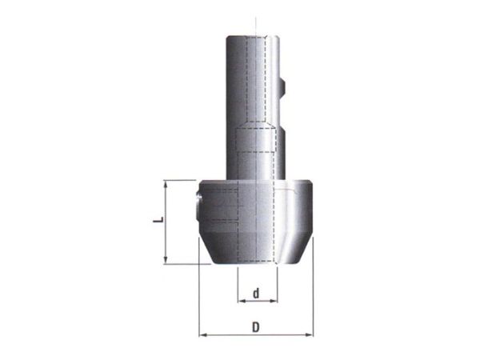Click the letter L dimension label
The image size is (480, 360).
click(158, 219)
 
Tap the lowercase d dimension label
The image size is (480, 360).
click(256, 293)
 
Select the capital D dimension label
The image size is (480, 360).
click(256, 327)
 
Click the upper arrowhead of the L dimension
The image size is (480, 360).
click(166, 185)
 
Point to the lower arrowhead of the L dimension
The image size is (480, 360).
click(166, 259)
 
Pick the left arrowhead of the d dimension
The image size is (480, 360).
click(242, 302)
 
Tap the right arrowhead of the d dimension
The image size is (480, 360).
click(274, 302)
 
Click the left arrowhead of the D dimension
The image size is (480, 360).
click(203, 335)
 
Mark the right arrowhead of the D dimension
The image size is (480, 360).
click(309, 335)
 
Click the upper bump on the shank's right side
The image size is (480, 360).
click(283, 86)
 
